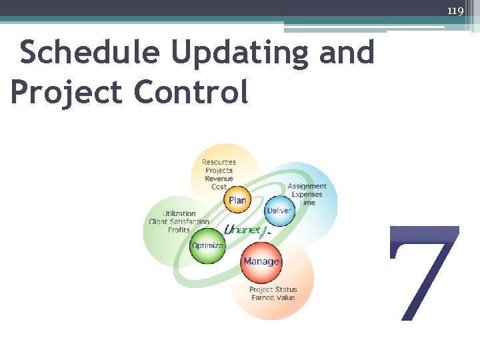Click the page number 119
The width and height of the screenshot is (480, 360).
(455, 11)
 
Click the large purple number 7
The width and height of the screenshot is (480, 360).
(424, 273)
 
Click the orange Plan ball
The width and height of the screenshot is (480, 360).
(237, 199)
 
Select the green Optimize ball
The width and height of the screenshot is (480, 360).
(207, 245)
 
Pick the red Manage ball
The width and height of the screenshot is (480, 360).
(261, 261)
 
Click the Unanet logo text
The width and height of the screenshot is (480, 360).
(246, 230)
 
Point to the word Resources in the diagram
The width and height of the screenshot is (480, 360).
(219, 162)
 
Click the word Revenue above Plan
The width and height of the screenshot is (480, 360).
(219, 179)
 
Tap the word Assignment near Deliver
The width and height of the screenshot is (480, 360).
(307, 186)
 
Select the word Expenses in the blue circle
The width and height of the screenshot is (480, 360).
(307, 194)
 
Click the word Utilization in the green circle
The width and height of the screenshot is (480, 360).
(179, 214)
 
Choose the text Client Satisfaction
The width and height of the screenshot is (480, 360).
(179, 222)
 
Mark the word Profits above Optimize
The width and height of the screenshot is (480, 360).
(179, 230)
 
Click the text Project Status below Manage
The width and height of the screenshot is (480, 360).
(273, 289)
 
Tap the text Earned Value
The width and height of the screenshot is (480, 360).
(273, 297)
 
